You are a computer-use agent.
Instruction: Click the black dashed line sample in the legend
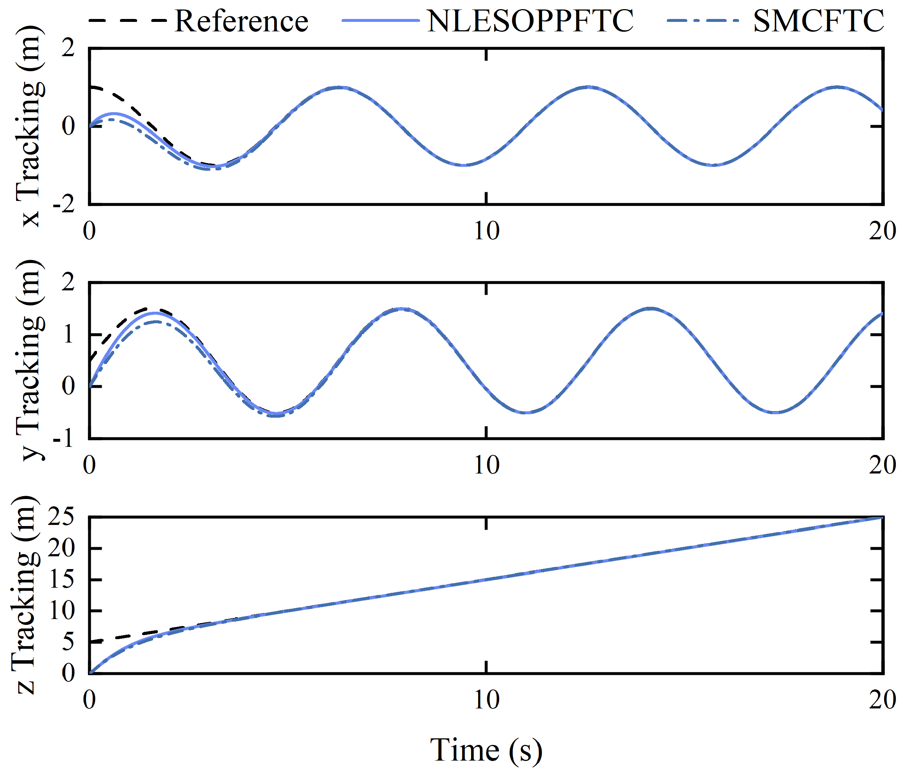(127, 20)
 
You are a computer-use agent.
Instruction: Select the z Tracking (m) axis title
(26, 595)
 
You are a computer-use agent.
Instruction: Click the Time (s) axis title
(486, 750)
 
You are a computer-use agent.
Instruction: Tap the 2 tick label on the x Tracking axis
(68, 48)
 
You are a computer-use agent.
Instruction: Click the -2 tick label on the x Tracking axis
(64, 205)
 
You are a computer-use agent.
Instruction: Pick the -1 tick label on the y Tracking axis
(64, 438)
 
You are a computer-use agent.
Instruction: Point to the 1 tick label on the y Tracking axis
(68, 335)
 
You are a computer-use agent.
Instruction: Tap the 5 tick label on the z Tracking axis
(68, 642)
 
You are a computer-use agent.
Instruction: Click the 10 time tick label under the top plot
(486, 231)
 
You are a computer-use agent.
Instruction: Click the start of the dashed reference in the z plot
(90, 642)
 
